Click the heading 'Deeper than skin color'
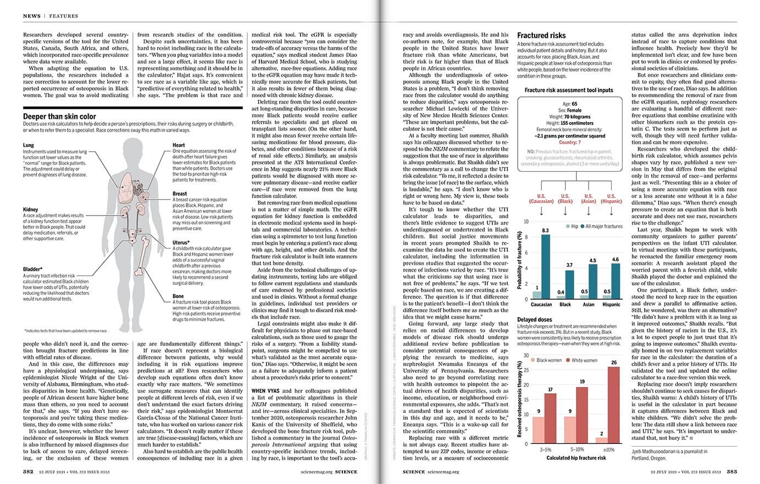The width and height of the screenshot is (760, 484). pos(59,117)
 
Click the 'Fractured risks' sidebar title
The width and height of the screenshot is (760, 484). pos(541,35)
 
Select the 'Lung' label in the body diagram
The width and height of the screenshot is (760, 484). pos(28,145)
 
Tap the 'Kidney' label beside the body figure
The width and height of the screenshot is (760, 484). pos(30,210)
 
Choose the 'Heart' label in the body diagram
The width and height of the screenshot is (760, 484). pos(179,145)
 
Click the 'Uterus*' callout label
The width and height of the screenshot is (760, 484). pos(181,242)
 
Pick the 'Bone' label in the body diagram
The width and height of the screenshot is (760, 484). pos(178,296)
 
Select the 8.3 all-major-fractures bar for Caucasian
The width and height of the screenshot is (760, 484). pos(546,267)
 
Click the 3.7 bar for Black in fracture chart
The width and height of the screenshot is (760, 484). pos(569,284)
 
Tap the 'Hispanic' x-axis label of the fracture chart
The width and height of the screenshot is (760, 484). pos(611,304)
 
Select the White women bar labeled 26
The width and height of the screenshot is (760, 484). pos(614,405)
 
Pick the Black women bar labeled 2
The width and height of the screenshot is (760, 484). pos(602,440)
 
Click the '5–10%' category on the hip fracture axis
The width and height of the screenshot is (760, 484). pos(576,450)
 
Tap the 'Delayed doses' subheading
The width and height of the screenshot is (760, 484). pos(535,320)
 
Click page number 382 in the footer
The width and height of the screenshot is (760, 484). pos(28,471)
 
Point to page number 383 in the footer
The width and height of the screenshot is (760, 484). pos(731,471)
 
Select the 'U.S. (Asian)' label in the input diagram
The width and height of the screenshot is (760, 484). pos(589,199)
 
